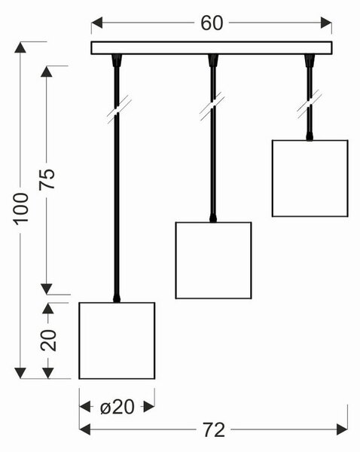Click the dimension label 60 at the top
point(212,23)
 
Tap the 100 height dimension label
point(22,209)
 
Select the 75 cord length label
point(47,179)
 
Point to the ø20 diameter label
point(117,407)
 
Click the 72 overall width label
point(214,430)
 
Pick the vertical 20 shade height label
point(48,341)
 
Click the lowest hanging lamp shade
point(117,341)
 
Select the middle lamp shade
point(213,261)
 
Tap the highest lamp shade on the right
point(310,178)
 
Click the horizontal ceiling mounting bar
point(212,48)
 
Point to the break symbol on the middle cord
point(212,105)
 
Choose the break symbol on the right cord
point(310,104)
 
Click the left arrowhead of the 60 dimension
point(96,23)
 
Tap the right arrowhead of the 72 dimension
point(342,429)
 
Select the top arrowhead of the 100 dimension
point(20,47)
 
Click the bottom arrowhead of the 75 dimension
point(47,289)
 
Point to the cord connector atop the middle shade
point(213,218)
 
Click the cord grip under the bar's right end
point(310,60)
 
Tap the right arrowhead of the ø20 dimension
point(149,407)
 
